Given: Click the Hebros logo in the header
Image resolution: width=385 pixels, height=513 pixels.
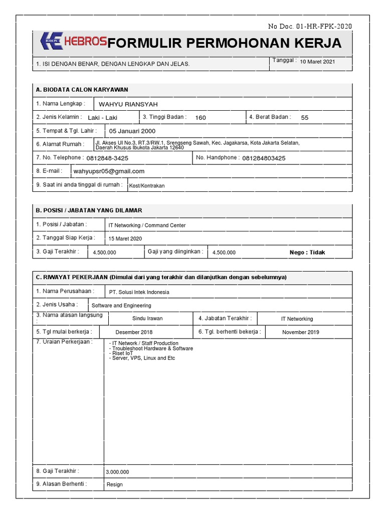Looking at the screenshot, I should [x=73, y=42].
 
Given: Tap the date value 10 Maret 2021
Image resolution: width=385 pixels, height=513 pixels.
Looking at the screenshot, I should [x=317, y=62].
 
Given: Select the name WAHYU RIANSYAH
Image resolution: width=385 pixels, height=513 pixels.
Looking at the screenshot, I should [x=128, y=104].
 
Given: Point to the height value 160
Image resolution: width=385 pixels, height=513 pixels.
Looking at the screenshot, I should [x=201, y=118].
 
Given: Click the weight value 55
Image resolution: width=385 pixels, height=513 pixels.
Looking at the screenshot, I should [x=305, y=118].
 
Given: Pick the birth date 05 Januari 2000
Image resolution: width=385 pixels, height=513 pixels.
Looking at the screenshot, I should [x=132, y=131].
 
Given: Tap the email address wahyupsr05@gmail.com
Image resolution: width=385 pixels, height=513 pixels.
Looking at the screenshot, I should [x=109, y=171].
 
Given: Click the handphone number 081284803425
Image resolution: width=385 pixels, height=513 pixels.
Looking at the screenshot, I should [x=264, y=158].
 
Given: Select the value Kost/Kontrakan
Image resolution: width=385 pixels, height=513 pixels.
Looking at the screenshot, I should [x=146, y=185].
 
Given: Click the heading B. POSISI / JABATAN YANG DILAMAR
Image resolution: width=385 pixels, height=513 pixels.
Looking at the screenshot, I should [x=89, y=210].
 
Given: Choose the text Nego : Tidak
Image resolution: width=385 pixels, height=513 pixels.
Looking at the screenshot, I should [x=307, y=252].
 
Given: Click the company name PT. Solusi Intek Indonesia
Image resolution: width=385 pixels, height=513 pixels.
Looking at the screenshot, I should [x=139, y=292].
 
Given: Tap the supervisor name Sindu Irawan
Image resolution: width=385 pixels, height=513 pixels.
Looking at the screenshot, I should [x=147, y=319].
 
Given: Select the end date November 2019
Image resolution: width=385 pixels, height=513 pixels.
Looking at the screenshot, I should [x=300, y=332].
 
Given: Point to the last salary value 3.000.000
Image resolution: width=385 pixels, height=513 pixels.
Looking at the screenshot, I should [x=117, y=472].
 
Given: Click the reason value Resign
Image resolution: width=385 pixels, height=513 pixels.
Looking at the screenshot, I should [x=115, y=484].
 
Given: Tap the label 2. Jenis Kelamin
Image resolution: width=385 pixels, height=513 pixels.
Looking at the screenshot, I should [x=59, y=117].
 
